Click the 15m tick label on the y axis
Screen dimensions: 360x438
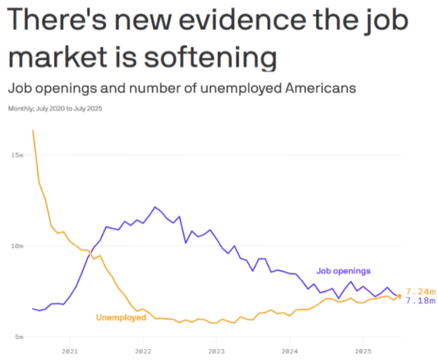point(17,155)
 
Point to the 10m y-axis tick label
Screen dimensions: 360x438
point(17,246)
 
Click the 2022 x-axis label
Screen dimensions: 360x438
point(143,351)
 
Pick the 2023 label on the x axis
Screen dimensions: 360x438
point(216,351)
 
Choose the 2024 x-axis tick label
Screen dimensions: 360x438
point(290,351)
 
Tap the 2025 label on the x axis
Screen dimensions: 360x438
point(363,351)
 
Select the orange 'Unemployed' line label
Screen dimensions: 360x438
point(121,317)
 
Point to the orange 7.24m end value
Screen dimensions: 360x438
point(420,292)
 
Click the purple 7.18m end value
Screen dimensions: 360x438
point(420,301)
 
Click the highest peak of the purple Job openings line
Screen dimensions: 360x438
point(155,207)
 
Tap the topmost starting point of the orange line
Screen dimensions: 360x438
point(33,131)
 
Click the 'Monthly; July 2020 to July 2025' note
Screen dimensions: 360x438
point(55,109)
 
